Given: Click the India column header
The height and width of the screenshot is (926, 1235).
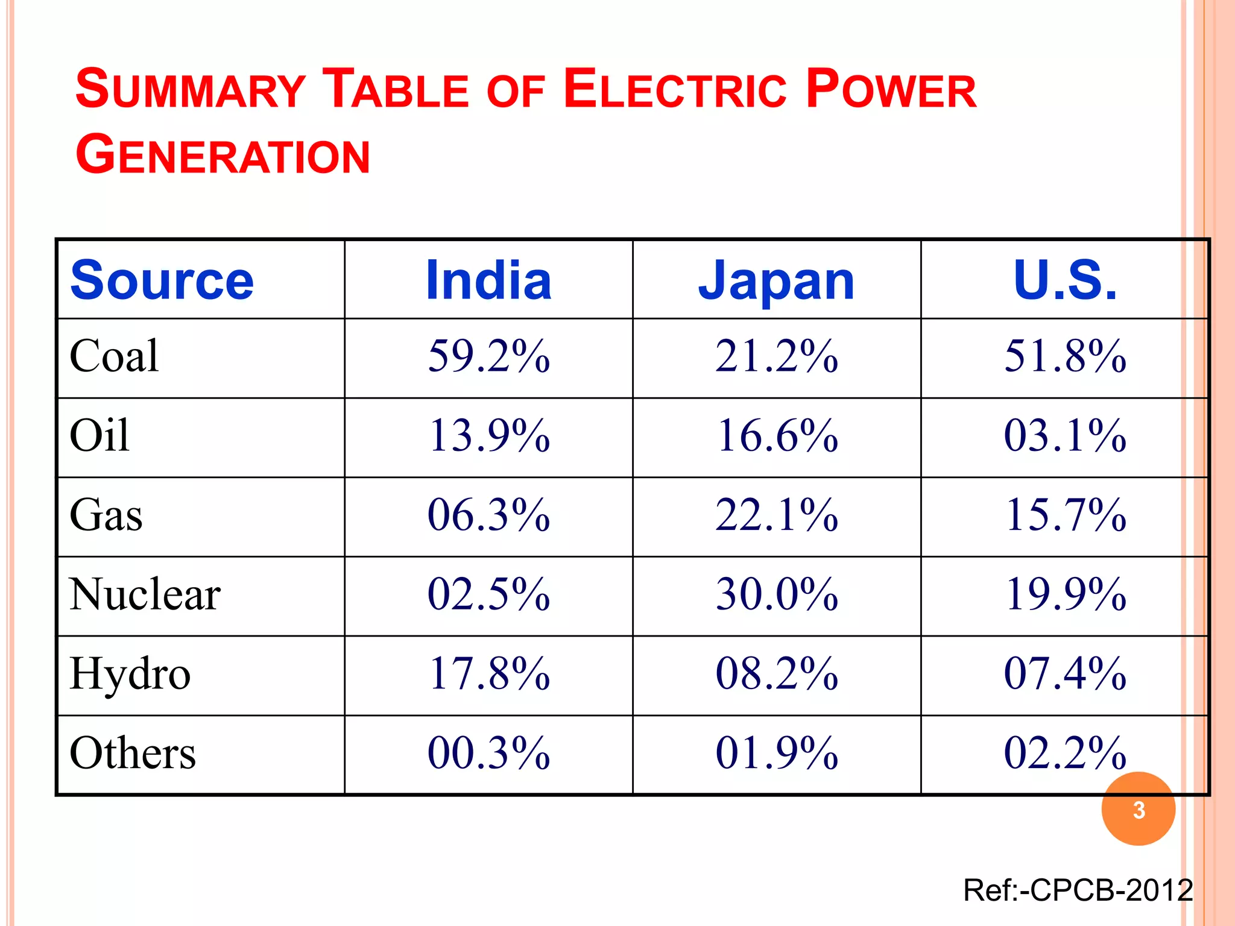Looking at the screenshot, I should [488, 280].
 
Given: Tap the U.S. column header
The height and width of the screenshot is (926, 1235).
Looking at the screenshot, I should [1065, 280].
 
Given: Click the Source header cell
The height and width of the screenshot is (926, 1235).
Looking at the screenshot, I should [162, 280].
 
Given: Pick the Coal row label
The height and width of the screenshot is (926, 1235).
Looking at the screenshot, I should [115, 356].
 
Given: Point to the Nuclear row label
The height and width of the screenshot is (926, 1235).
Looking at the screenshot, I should [145, 594].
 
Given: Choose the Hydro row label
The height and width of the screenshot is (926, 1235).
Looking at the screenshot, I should [130, 674].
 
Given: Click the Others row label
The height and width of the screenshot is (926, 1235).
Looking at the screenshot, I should [133, 754].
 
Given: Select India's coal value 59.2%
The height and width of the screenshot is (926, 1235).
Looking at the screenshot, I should [488, 356].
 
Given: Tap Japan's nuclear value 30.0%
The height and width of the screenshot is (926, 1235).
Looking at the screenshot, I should [777, 594].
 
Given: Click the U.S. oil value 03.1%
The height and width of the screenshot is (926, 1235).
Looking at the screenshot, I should [1065, 436].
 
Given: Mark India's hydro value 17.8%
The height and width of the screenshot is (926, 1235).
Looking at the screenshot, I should [488, 674].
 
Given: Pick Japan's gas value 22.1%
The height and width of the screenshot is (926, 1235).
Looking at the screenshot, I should [777, 515].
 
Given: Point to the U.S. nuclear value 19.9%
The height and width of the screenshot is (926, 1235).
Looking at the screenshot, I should [1065, 594].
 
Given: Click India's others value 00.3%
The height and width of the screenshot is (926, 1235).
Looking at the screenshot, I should [488, 754].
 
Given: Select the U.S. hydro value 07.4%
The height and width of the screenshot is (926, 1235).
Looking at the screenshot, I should [1065, 674].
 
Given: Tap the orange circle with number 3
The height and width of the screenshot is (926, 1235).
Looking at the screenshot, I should [1139, 809].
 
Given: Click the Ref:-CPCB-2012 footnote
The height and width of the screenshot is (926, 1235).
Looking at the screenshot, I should [1078, 890].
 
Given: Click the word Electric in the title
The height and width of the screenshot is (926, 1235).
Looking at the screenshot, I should [675, 90].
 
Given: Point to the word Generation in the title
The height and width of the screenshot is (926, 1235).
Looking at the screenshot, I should [223, 156].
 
